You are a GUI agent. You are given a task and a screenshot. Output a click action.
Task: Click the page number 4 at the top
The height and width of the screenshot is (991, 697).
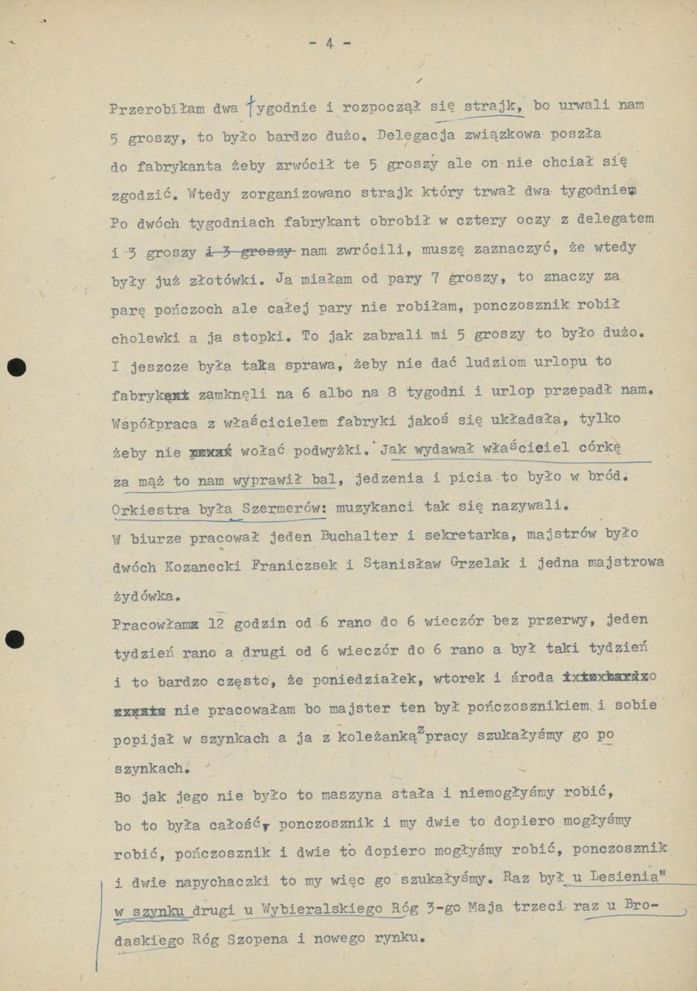(329, 44)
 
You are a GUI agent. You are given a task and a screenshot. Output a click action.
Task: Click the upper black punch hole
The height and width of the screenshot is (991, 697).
(16, 367)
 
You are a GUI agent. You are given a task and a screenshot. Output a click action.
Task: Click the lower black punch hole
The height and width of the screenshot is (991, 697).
(15, 639)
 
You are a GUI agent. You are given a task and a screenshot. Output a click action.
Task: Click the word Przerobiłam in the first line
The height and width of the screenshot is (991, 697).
(157, 109)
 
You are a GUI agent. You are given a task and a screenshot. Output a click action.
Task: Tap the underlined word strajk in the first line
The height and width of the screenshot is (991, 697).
(493, 106)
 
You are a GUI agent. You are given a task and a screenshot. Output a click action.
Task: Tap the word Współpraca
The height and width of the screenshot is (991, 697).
(155, 425)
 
